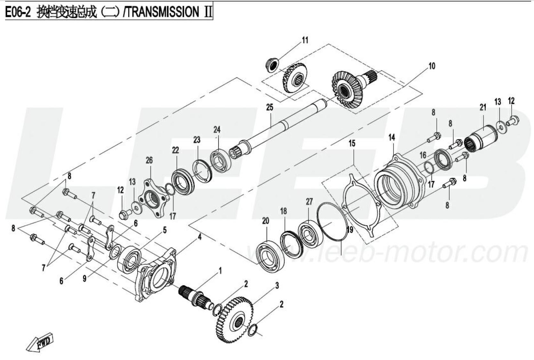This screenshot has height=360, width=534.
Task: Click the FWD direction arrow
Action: (40, 342)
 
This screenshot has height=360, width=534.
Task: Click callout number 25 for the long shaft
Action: (270, 107)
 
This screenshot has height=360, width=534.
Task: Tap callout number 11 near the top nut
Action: (305, 40)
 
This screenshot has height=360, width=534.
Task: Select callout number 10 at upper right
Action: (432, 66)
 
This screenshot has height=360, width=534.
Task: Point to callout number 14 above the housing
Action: (392, 137)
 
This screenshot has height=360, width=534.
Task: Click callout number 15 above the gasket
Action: (352, 143)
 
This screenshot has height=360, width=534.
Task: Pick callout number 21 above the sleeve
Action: (483, 108)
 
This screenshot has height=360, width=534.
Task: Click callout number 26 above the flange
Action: (149, 160)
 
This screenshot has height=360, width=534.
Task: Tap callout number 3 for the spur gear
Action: (277, 285)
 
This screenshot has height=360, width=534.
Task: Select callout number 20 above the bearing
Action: (265, 221)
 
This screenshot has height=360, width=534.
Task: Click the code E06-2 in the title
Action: (18, 12)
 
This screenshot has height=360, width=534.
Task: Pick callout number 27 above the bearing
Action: (309, 201)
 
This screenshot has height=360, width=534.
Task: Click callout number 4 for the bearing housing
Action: (199, 237)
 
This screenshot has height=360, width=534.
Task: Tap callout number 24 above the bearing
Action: (217, 130)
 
